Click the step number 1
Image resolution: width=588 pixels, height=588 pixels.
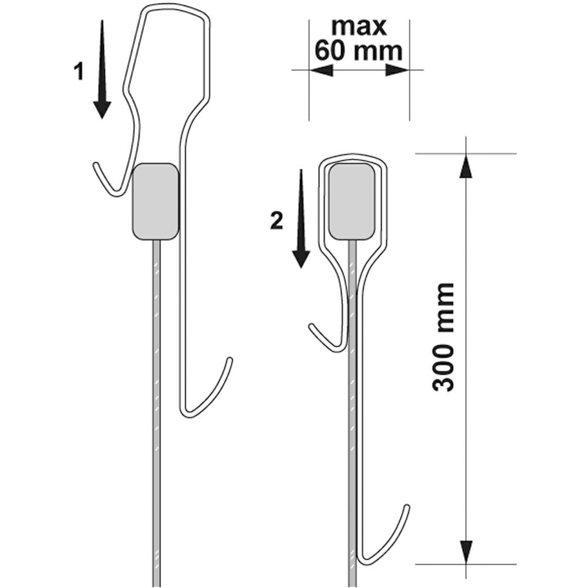[78, 72]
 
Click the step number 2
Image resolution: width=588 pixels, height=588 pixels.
[277, 221]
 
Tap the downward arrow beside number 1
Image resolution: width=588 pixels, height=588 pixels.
[102, 69]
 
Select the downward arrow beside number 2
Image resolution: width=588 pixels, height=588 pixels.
[301, 219]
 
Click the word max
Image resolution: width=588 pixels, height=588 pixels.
[359, 26]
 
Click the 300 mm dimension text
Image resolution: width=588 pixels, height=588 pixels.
[443, 337]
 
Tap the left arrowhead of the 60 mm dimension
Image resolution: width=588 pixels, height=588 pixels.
[321, 70]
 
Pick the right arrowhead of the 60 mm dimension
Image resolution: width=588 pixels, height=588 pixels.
[397, 70]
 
